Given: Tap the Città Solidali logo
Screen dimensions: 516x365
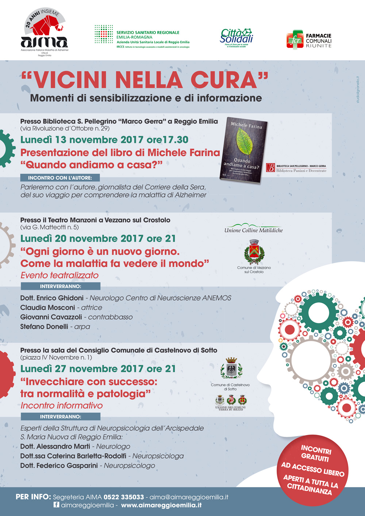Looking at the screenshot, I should tap(237, 37).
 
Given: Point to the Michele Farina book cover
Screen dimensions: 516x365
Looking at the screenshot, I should tap(244, 150).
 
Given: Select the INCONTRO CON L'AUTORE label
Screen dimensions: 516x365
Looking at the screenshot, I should tap(60, 178).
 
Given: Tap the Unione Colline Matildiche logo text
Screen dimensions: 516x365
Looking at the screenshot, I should tap(254, 230).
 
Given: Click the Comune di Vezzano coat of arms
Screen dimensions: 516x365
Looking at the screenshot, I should tap(254, 252).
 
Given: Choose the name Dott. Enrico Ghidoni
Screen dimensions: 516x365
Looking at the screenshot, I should tap(52, 298).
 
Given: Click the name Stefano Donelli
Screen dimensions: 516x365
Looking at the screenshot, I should tap(44, 327).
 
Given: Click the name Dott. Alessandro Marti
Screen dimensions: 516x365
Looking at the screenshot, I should tap(55, 446).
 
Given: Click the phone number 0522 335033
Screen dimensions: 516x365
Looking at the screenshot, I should tap(124, 497).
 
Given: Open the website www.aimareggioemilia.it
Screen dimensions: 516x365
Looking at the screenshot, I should tap(161, 505).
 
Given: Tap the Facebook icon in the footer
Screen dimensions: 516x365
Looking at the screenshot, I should tap(57, 505).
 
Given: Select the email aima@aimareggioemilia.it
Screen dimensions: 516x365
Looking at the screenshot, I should tap(189, 497).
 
